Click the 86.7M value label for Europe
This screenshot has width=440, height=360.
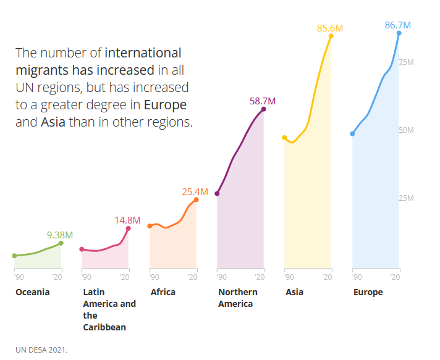tap(397, 25)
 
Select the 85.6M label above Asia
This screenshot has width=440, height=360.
tap(330, 28)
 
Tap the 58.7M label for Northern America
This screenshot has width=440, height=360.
tap(263, 101)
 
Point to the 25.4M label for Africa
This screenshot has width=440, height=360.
tap(195, 192)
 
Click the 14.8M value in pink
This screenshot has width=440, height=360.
tap(127, 220)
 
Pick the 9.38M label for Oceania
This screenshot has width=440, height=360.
tap(60, 235)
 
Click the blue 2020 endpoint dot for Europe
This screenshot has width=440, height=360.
tap(399, 33)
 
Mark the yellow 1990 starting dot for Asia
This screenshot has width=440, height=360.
tap(284, 138)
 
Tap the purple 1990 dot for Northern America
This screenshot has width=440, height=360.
tap(217, 193)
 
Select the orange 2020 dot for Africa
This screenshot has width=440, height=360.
tap(197, 199)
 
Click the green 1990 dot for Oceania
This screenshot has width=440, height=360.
tap(14, 256)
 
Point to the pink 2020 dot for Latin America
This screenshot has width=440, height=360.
tap(129, 228)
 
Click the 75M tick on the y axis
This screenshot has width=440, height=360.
tap(407, 62)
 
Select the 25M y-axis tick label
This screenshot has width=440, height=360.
tap(407, 198)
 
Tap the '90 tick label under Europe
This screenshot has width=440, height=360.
tap(357, 277)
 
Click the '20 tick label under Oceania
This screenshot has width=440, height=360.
tap(57, 277)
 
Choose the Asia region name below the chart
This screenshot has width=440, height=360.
tap(294, 292)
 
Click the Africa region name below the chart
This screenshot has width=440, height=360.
tap(163, 292)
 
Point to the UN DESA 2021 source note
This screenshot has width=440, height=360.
tap(41, 350)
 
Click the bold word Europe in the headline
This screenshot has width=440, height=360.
tap(165, 105)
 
